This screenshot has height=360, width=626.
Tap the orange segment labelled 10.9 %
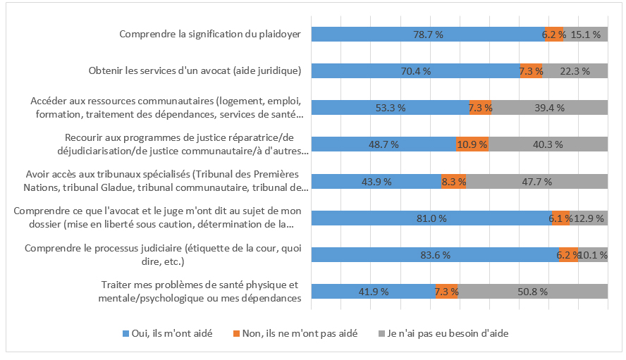472,144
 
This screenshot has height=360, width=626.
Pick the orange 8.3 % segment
453,181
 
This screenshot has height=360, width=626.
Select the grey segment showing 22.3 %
575,70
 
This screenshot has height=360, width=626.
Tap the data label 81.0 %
431,218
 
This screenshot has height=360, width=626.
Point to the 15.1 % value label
585,34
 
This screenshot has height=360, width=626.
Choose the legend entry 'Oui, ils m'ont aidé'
166,333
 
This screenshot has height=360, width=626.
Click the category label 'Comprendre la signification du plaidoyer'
210,34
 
